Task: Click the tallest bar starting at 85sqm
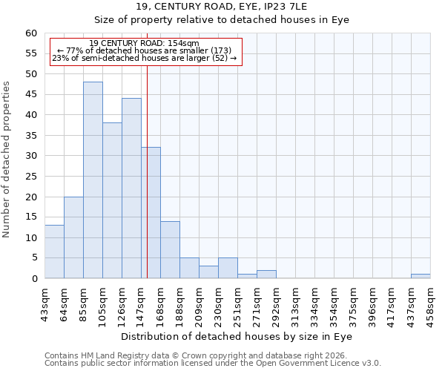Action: pyautogui.click(x=93, y=180)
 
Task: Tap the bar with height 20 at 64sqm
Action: pyautogui.click(x=73, y=237)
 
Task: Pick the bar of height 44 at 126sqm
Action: pyautogui.click(x=131, y=188)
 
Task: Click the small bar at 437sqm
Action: pyautogui.click(x=421, y=276)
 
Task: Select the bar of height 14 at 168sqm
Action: pyautogui.click(x=170, y=250)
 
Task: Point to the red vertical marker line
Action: pyautogui.click(x=147, y=185)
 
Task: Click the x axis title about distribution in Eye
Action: pyautogui.click(x=237, y=336)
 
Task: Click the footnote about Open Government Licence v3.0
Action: pyautogui.click(x=213, y=364)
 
